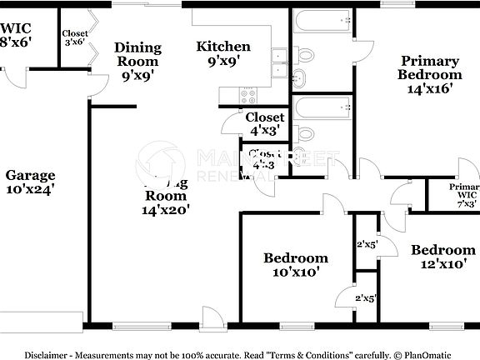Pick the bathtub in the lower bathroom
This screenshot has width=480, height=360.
(x=322, y=107)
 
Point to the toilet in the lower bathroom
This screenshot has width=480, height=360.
(x=304, y=134)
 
